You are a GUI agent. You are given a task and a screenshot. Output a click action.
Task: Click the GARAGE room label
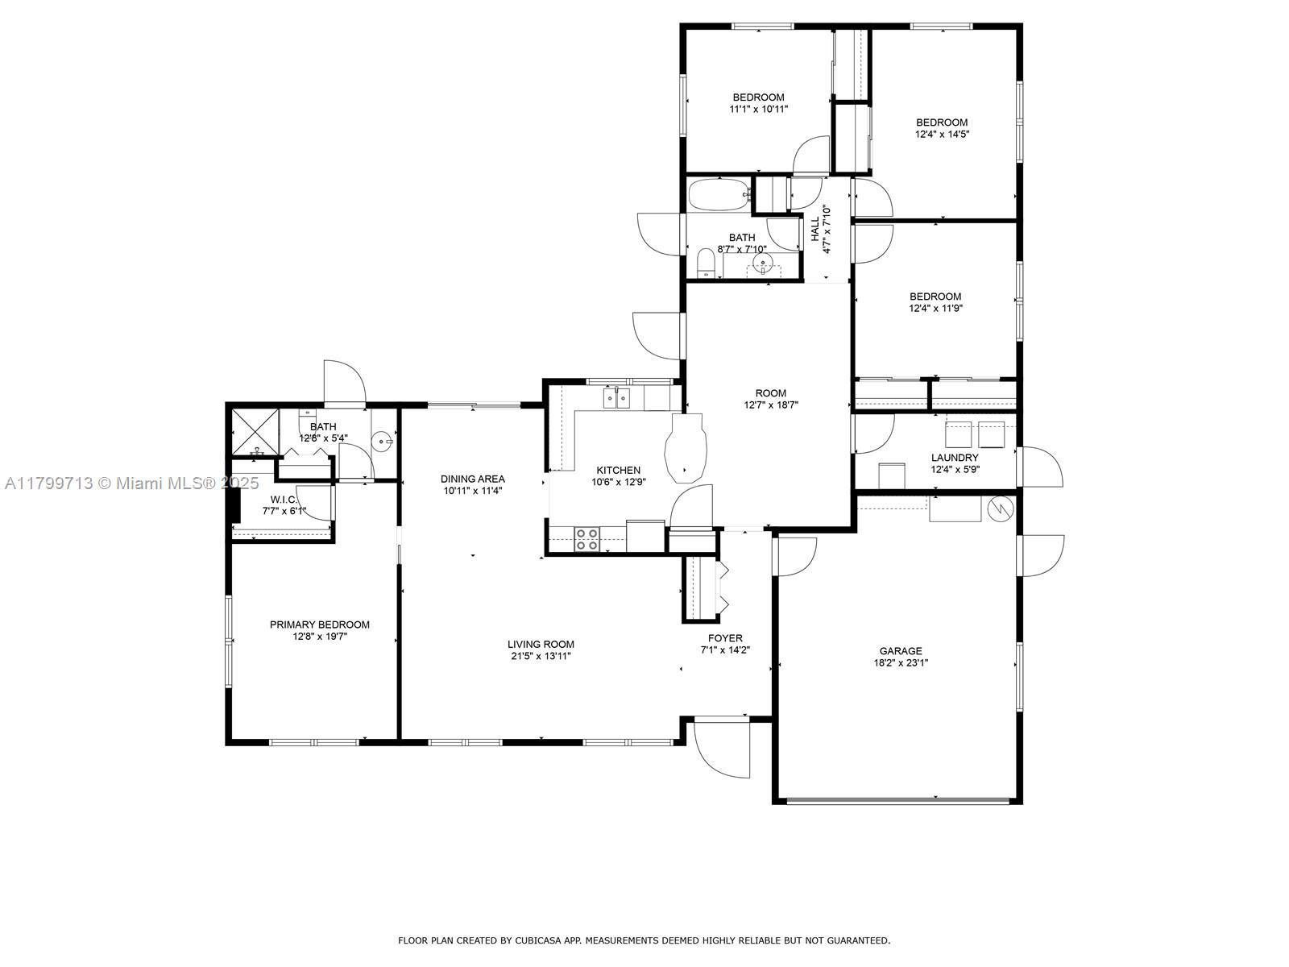click(x=900, y=650)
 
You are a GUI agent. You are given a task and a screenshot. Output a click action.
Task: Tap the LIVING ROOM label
click(x=541, y=644)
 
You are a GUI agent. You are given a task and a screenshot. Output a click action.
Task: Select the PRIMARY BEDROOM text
click(x=320, y=625)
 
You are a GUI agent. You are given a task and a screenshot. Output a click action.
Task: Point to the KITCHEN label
click(x=618, y=471)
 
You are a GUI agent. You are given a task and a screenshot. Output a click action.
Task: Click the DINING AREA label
click(x=473, y=479)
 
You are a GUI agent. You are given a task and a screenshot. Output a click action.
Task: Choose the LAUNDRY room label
click(x=955, y=458)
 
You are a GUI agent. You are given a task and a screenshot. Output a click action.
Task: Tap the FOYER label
click(x=724, y=638)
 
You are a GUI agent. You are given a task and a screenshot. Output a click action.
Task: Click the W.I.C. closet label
click(x=283, y=500)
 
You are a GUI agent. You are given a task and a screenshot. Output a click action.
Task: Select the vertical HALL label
click(x=815, y=229)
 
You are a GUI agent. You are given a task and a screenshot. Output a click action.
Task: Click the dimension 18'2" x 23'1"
click(x=900, y=663)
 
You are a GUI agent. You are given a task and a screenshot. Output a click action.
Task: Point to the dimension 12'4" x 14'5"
click(x=942, y=134)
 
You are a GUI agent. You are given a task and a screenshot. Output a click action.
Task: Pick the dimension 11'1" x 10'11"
click(x=758, y=109)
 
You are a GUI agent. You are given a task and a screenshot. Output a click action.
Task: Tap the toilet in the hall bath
click(x=705, y=263)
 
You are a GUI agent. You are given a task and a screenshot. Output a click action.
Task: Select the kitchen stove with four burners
click(x=586, y=540)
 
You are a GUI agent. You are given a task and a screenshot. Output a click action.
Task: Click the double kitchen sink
click(x=616, y=398)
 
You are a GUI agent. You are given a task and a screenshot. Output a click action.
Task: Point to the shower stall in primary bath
click(x=255, y=432)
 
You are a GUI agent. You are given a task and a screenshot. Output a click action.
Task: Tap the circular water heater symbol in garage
click(x=1001, y=508)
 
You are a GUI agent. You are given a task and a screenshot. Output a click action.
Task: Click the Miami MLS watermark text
click(x=131, y=483)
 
